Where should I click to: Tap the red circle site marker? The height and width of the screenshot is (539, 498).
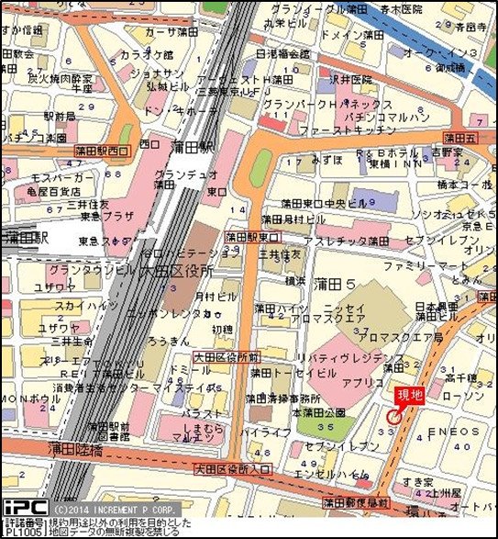[x=394, y=416]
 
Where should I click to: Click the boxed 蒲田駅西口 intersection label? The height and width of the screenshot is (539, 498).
[x=103, y=148]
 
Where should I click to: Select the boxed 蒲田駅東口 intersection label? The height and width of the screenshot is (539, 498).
[x=252, y=236]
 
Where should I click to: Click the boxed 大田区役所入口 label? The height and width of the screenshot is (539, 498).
[x=234, y=469]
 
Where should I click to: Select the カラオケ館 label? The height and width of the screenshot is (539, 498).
[x=142, y=54]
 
